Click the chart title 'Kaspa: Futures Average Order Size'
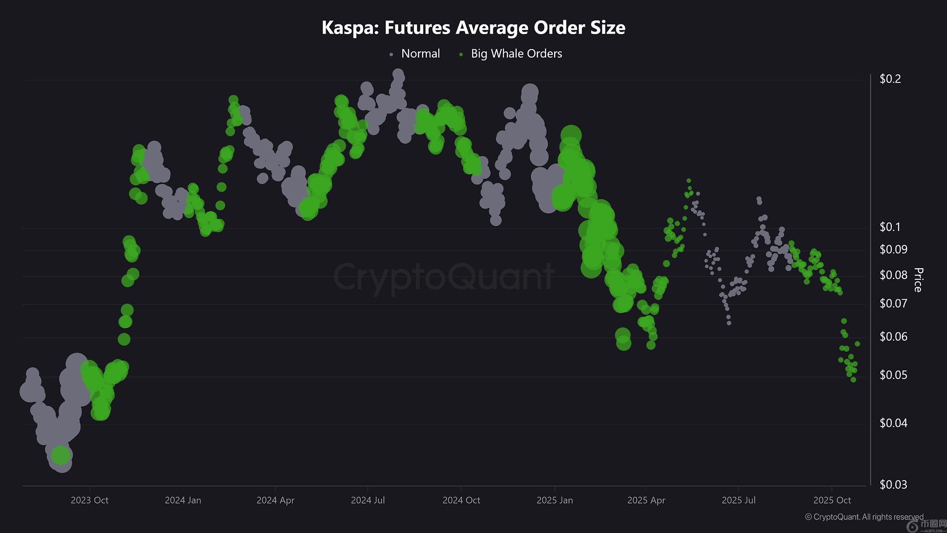click(473, 28)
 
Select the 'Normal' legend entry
click(420, 54)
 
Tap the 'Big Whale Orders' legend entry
click(516, 54)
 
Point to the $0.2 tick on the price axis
click(890, 79)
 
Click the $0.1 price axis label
click(890, 227)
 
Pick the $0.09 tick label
click(893, 249)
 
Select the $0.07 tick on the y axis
click(893, 303)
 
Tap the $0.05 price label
click(893, 375)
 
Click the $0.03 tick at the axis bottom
click(893, 485)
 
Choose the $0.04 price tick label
click(893, 423)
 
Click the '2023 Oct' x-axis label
click(89, 500)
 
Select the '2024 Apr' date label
click(275, 500)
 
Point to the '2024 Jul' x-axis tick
click(368, 500)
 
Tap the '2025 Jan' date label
click(554, 500)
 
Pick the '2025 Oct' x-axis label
click(832, 500)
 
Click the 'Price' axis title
click(918, 279)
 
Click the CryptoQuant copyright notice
click(864, 517)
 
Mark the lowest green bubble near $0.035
click(61, 455)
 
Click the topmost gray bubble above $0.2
click(398, 74)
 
